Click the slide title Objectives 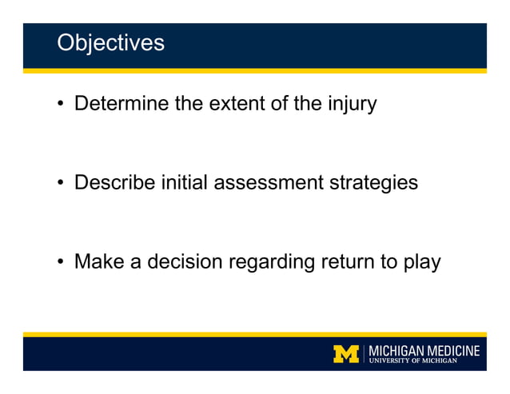pyautogui.click(x=110, y=42)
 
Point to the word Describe pyautogui.click(x=114, y=182)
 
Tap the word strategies pyautogui.click(x=373, y=183)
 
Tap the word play pyautogui.click(x=422, y=262)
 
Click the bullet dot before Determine pyautogui.click(x=61, y=105)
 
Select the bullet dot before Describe pyautogui.click(x=61, y=183)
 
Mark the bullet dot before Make pyautogui.click(x=61, y=262)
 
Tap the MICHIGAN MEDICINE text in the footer pyautogui.click(x=424, y=350)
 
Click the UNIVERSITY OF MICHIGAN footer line pyautogui.click(x=412, y=361)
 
